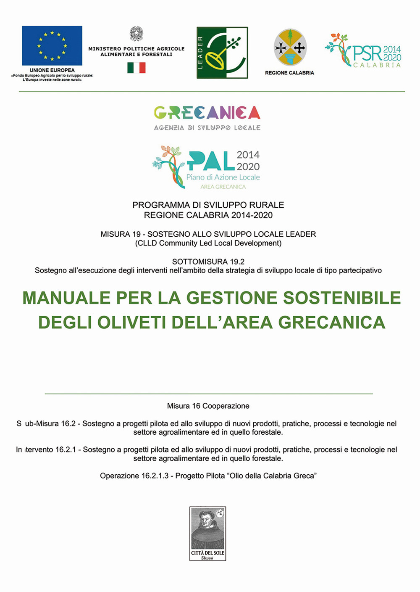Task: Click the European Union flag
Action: tap(52, 45)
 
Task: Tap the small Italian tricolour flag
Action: tap(136, 68)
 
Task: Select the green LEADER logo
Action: tap(222, 53)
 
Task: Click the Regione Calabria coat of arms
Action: tap(290, 47)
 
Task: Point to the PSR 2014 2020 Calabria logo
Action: tap(364, 51)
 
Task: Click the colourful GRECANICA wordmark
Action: tap(207, 113)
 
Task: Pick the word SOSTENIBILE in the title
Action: tap(342, 298)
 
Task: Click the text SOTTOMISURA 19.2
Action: tap(208, 262)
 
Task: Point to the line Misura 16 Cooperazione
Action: tap(208, 406)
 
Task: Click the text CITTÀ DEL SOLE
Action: tap(207, 553)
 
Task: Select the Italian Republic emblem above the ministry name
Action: tap(136, 34)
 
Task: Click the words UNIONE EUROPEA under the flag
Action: tap(52, 70)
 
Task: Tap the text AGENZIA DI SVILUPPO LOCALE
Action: tap(207, 128)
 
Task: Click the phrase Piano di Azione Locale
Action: tap(223, 177)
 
